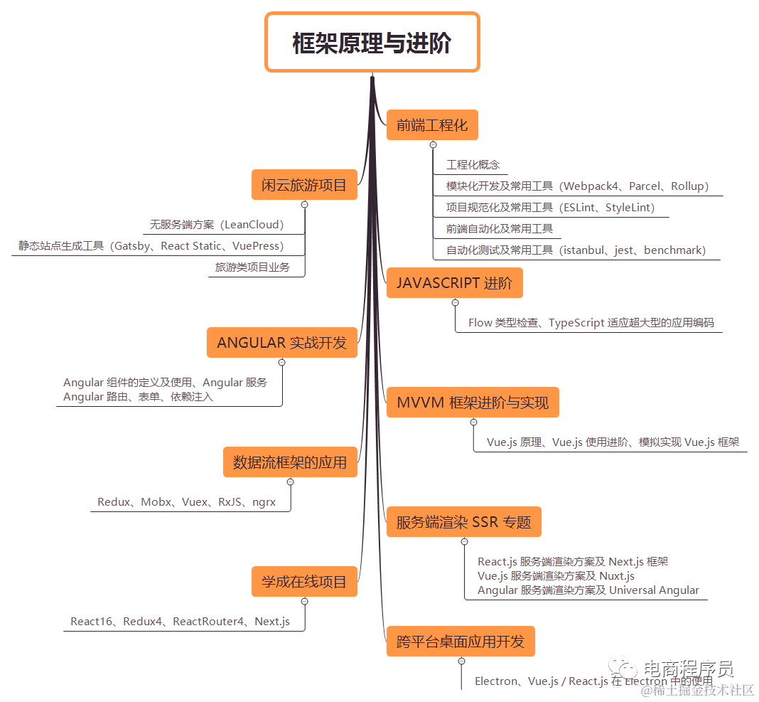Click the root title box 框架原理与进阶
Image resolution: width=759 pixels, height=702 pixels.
(372, 42)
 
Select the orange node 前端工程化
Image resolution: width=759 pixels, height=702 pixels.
(432, 125)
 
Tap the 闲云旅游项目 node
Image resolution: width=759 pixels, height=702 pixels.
(304, 185)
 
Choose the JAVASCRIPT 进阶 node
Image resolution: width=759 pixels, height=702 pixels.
(454, 282)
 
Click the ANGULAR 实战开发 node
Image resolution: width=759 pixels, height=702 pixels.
(281, 342)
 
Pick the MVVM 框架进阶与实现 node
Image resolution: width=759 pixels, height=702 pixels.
(473, 403)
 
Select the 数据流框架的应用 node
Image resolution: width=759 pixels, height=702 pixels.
(290, 462)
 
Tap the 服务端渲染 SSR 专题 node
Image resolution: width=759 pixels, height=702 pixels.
(463, 522)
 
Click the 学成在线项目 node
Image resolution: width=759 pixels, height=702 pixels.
(304, 582)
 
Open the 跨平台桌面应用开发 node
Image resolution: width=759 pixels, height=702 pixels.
(460, 642)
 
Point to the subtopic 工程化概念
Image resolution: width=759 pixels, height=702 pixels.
(473, 164)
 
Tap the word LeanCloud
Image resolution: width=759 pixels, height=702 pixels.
(252, 225)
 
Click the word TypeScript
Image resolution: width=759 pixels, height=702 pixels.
(576, 322)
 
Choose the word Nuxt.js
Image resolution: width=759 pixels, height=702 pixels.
(617, 576)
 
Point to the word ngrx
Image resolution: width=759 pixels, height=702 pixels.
(264, 502)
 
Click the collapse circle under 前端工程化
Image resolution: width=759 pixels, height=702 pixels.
(433, 144)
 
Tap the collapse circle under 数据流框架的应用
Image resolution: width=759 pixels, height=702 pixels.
(290, 482)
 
